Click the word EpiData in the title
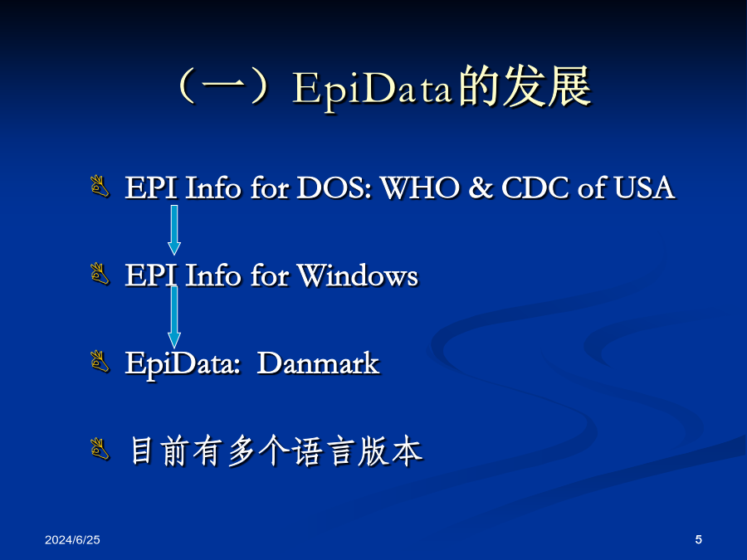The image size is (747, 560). [x=372, y=89]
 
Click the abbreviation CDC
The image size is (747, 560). [x=535, y=187]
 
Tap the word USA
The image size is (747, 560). [x=644, y=187]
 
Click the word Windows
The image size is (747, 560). [x=358, y=275]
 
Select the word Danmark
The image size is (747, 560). [x=318, y=364]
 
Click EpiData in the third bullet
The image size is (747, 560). [x=183, y=365]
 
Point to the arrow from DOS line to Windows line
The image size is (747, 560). [x=174, y=230]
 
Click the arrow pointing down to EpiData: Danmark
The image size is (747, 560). [x=174, y=317]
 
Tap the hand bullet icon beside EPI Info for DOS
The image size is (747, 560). [x=100, y=186]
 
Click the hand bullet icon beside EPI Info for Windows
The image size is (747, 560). [x=100, y=274]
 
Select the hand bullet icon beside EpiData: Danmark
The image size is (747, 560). [x=100, y=362]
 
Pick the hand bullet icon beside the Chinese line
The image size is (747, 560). [x=100, y=449]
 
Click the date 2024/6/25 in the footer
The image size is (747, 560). [x=72, y=539]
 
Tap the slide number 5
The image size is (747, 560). [x=698, y=539]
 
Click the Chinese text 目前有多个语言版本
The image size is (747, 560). [x=276, y=451]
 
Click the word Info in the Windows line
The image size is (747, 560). [x=213, y=275]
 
